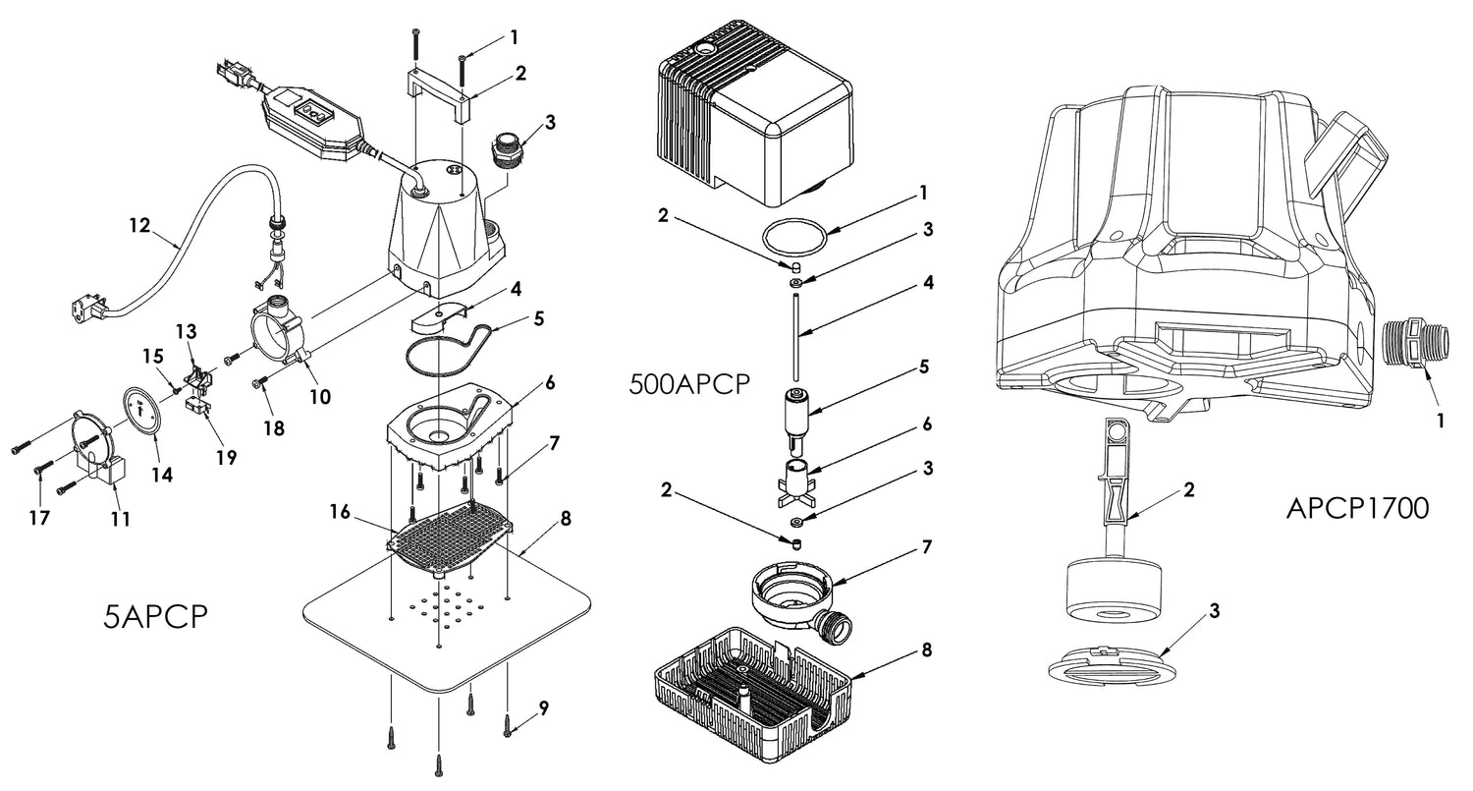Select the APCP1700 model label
[1357, 509]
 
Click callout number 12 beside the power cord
[138, 225]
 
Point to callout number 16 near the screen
[340, 512]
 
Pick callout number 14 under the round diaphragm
[161, 475]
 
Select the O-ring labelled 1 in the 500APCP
[792, 238]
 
